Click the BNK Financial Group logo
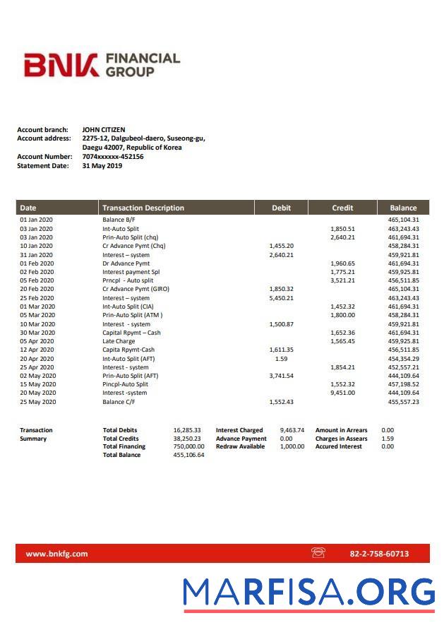click(102, 65)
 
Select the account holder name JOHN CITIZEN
click(103, 130)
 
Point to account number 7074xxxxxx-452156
click(112, 157)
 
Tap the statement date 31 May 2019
click(102, 166)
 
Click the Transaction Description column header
click(143, 208)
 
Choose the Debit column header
click(281, 208)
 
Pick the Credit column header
click(342, 208)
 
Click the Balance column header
click(403, 208)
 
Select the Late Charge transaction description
click(118, 341)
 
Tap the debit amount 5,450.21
click(281, 298)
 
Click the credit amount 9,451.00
click(342, 393)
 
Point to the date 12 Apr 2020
click(37, 350)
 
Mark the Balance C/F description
click(119, 402)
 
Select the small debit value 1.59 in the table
click(281, 359)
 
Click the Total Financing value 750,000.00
click(188, 446)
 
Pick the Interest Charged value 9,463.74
click(292, 430)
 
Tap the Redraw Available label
click(240, 446)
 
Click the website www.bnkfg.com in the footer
click(56, 554)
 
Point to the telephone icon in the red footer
click(318, 553)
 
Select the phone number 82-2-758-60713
click(379, 554)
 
